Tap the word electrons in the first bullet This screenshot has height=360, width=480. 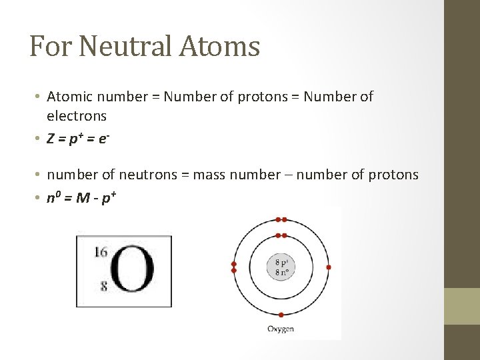77,116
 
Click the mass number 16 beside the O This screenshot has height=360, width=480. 101,252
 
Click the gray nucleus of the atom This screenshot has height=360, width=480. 281,267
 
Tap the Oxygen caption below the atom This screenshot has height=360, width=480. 281,329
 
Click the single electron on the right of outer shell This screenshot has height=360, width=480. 329,267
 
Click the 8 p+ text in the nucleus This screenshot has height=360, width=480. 281,261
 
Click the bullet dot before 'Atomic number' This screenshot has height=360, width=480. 39,97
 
